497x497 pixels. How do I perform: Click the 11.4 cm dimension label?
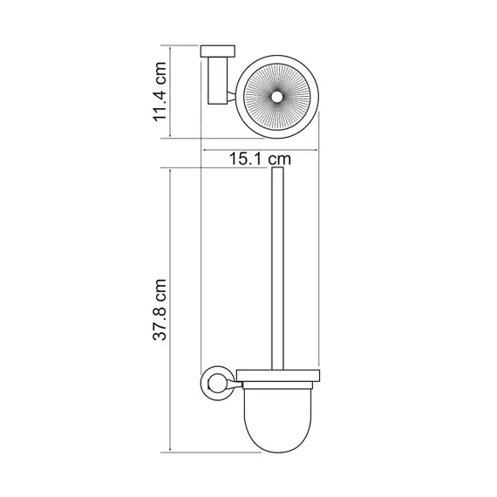tap(160, 90)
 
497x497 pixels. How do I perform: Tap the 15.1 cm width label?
tap(260, 159)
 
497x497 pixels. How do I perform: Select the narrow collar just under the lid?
tap(278, 384)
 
